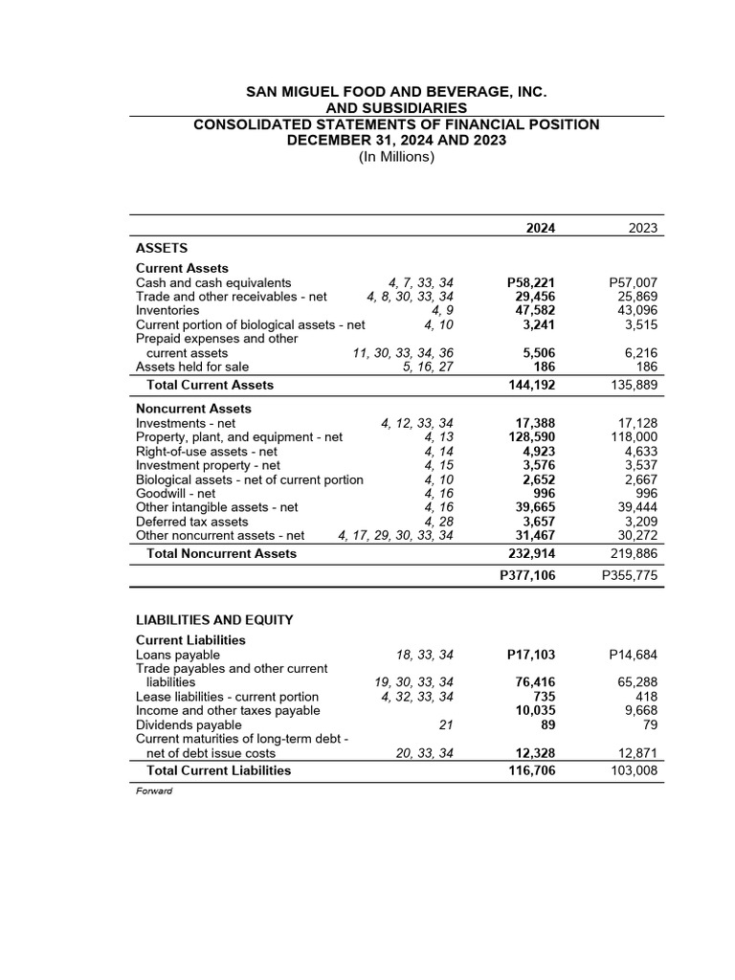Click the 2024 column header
pyautogui.click(x=541, y=228)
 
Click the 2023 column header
pyautogui.click(x=643, y=228)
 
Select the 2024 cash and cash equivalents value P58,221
pyautogui.click(x=531, y=283)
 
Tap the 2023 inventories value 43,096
pyautogui.click(x=636, y=311)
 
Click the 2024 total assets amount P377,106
pyautogui.click(x=528, y=576)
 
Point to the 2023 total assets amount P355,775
pyautogui.click(x=631, y=576)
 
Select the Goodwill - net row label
pyautogui.click(x=176, y=493)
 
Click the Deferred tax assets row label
pyautogui.click(x=191, y=522)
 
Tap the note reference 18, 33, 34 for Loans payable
pyautogui.click(x=424, y=656)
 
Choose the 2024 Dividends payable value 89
pyautogui.click(x=546, y=725)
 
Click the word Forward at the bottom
pyautogui.click(x=153, y=791)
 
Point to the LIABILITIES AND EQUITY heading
pyautogui.click(x=214, y=620)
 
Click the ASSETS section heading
pyautogui.click(x=162, y=248)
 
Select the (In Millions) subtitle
pyautogui.click(x=396, y=157)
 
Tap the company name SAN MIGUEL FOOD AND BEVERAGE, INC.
pyautogui.click(x=396, y=92)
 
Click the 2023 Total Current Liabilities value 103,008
pyautogui.click(x=634, y=770)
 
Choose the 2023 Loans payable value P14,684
pyautogui.click(x=634, y=656)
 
